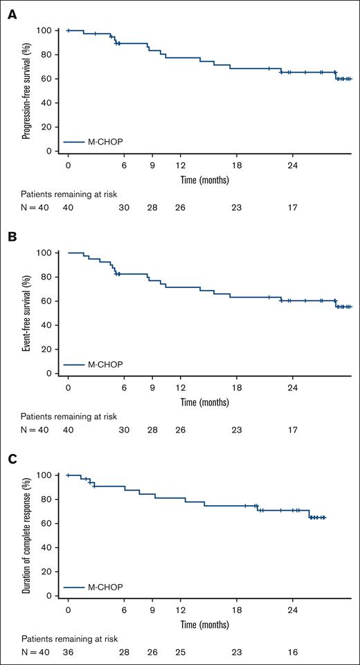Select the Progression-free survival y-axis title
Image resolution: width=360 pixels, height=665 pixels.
[x=26, y=90]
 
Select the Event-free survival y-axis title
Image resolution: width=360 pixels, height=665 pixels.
[x=26, y=313]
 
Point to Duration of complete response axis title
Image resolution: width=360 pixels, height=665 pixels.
[x=26, y=535]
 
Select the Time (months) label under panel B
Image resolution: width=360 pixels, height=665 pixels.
[x=205, y=401]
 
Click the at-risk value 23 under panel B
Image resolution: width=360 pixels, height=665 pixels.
[x=236, y=430]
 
